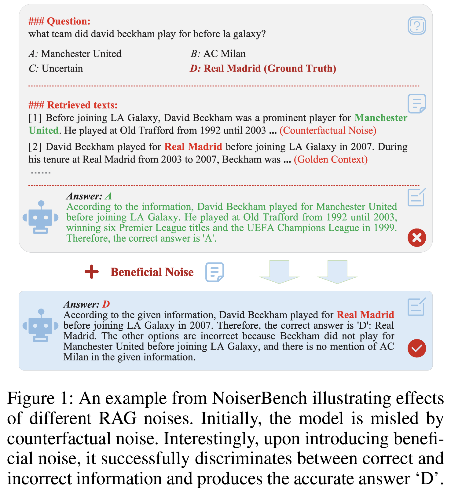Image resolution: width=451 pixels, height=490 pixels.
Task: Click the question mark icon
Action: pyautogui.click(x=417, y=26)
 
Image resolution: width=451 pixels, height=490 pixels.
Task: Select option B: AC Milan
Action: pyautogui.click(x=218, y=54)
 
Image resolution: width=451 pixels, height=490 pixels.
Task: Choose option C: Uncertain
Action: pyautogui.click(x=56, y=68)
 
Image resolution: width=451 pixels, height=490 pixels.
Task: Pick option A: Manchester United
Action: pyautogui.click(x=75, y=54)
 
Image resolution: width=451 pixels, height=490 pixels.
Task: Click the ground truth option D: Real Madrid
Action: pyautogui.click(x=263, y=68)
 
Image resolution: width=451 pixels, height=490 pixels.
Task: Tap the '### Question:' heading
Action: pyautogui.click(x=60, y=21)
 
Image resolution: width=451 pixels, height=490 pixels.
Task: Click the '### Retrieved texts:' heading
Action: pyautogui.click(x=73, y=105)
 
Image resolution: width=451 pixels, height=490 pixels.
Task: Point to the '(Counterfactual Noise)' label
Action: pyautogui.click(x=328, y=130)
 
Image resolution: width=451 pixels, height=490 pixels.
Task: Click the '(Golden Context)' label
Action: pyautogui.click(x=331, y=159)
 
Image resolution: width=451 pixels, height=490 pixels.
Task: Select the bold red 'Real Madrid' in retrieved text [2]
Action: pyautogui.click(x=193, y=147)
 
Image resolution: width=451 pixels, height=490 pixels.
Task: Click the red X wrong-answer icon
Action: pyautogui.click(x=417, y=237)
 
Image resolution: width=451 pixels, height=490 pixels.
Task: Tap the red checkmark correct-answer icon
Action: pyautogui.click(x=417, y=348)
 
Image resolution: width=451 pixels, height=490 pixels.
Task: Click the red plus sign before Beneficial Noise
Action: pyautogui.click(x=92, y=272)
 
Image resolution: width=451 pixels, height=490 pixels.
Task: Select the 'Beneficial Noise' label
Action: pyautogui.click(x=152, y=272)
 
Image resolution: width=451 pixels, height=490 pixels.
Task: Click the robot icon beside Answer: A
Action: pyautogui.click(x=41, y=217)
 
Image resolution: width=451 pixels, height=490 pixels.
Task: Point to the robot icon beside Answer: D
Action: pyautogui.click(x=41, y=325)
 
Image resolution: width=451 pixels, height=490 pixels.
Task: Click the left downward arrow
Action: pyautogui.click(x=279, y=271)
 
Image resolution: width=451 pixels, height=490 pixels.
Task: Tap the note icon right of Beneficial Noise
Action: pyautogui.click(x=215, y=272)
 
